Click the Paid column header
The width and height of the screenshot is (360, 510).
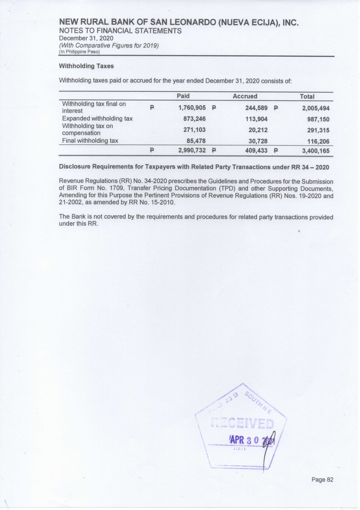(x=183, y=96)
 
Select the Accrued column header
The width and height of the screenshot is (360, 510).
(x=245, y=96)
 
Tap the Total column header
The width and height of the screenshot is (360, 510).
(x=307, y=96)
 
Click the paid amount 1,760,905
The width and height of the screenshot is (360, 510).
(x=192, y=108)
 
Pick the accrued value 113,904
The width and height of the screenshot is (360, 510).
(x=256, y=119)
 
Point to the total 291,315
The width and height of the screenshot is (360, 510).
(x=318, y=130)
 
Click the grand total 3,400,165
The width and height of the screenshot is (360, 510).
(x=316, y=151)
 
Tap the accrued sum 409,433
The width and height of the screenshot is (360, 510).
(x=256, y=151)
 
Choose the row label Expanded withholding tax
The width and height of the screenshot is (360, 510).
(x=97, y=119)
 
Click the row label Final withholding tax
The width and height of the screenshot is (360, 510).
(x=90, y=141)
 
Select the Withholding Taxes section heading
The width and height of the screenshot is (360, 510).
(x=86, y=66)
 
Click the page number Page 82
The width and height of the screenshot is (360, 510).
(x=322, y=479)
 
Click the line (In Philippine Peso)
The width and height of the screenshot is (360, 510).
(x=79, y=52)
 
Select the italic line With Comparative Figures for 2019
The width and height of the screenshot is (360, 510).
(x=109, y=45)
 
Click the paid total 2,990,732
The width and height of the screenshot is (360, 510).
(x=192, y=151)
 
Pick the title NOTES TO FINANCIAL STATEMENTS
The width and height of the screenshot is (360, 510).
(x=120, y=31)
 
